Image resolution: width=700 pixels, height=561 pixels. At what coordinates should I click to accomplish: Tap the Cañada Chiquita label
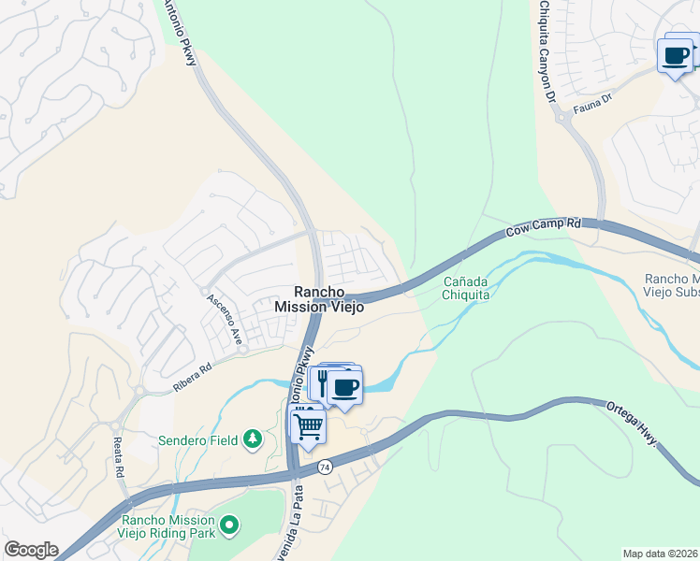pos(466,287)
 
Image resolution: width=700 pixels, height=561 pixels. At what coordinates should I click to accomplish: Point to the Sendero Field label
pos(198,439)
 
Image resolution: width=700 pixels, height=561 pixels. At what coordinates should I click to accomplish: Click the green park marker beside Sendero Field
pos(252,439)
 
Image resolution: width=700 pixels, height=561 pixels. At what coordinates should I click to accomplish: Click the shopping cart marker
pos(308,427)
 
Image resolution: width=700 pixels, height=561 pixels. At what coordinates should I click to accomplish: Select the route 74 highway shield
pos(325,467)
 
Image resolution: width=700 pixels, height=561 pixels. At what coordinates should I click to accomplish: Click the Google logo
pos(31,550)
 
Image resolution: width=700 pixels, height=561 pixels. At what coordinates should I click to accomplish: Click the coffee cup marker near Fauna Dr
pos(676,56)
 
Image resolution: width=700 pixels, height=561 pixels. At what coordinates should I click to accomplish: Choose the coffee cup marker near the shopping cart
pos(344,385)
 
